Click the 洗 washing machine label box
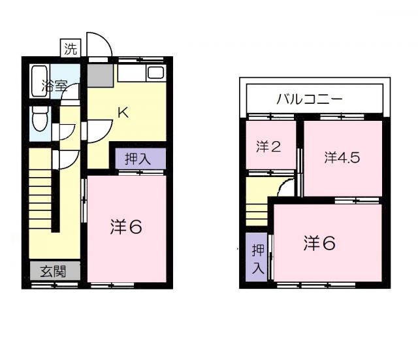coord(70,48)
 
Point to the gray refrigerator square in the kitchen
coord(99,76)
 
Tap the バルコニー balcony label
coord(309,100)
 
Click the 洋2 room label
coord(268,146)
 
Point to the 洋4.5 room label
coord(342,157)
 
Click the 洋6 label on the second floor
coord(319,242)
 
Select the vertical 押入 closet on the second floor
coord(258,258)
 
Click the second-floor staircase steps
coord(258,213)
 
